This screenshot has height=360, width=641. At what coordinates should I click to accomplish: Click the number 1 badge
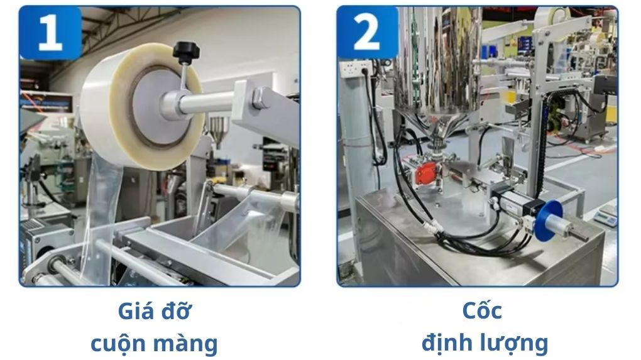coord(50,33)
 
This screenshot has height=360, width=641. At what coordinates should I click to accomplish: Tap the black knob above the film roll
coord(184,51)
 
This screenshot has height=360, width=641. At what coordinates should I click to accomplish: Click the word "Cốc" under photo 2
coord(482,310)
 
